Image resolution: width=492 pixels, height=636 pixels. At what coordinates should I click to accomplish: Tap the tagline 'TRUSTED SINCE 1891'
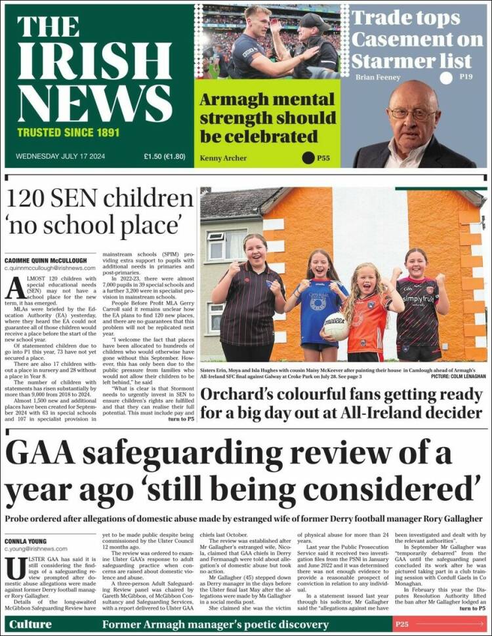coord(68,132)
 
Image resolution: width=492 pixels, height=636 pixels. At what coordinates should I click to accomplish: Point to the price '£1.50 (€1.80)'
coord(165,157)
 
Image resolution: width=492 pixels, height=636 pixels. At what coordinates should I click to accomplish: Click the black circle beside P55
coord(308,157)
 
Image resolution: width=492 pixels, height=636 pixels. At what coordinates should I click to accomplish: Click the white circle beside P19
coord(446,78)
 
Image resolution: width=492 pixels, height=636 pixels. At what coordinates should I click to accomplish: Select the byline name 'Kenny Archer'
coord(223,158)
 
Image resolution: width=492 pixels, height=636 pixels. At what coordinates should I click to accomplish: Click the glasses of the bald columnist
coord(413,112)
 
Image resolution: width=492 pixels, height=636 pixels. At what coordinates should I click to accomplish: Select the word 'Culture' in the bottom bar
coord(30,624)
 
